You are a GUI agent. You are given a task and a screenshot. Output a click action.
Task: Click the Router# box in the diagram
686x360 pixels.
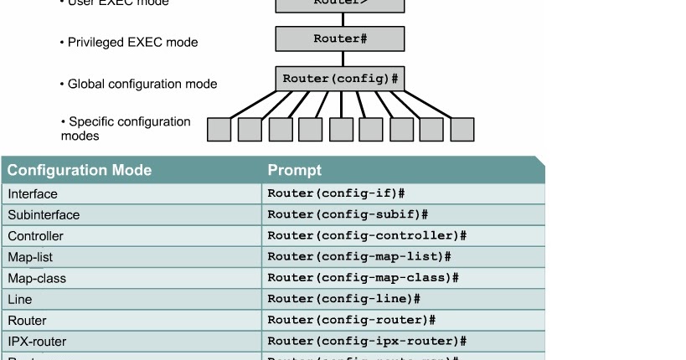pos(340,39)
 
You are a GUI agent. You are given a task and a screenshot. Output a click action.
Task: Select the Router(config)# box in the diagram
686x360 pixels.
pos(340,79)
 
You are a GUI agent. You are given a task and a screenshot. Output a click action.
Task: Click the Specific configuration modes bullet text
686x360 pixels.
pos(126,128)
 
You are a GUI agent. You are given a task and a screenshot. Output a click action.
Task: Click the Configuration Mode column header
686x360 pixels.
pos(80,171)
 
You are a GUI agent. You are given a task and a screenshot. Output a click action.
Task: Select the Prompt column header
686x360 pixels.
pos(294,171)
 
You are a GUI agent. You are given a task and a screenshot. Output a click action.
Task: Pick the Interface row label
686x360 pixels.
pos(33,194)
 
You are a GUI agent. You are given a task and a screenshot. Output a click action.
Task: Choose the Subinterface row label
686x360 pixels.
pos(44,215)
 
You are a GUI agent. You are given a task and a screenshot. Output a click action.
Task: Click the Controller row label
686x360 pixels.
pos(35,236)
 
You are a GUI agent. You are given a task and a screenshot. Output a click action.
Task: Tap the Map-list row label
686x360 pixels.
pos(30,257)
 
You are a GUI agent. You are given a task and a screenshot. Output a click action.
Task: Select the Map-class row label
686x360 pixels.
pos(37,278)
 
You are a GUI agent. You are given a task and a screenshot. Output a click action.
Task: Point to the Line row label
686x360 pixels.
pos(20,299)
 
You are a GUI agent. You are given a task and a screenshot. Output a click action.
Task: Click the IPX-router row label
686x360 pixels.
pos(37,342)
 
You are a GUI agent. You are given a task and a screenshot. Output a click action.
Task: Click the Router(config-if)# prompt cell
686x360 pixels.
pos(336,194)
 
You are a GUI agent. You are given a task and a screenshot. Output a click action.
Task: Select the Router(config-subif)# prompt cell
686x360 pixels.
pos(348,215)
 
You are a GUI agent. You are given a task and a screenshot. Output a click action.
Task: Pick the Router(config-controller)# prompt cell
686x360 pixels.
pos(366,236)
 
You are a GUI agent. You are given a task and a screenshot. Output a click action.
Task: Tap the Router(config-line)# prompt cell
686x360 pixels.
pos(343,299)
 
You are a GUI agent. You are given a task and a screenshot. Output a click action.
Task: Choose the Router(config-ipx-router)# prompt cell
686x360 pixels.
pos(366,342)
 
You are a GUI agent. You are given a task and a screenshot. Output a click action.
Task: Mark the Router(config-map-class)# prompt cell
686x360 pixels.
pos(363,278)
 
